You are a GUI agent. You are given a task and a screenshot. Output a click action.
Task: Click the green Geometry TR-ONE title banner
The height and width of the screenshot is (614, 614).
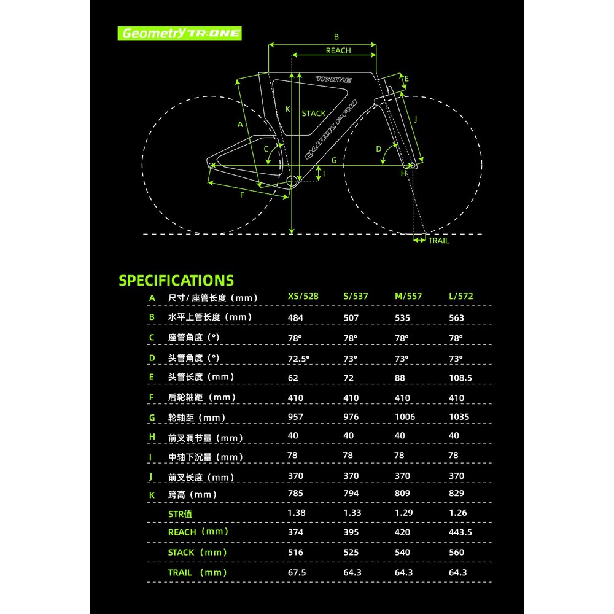point(179,33)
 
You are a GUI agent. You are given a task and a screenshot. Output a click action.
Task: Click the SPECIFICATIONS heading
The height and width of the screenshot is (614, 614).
point(176,281)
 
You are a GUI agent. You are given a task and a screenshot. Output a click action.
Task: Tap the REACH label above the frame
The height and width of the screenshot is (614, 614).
point(338,50)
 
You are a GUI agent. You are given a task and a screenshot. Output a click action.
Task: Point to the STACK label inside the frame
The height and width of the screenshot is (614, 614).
point(314,114)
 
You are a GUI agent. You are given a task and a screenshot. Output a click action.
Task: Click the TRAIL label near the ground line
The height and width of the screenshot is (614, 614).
point(438,241)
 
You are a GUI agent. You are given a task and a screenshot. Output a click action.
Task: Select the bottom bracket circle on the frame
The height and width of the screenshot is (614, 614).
point(292,181)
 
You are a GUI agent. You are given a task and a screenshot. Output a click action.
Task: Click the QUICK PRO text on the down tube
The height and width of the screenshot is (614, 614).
point(331,130)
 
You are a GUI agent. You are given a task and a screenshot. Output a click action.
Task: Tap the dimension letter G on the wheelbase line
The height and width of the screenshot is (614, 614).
point(334,160)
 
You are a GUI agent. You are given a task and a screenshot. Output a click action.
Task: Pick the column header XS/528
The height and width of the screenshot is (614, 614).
point(303,297)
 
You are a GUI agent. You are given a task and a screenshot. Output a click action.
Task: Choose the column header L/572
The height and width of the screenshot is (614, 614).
point(461,297)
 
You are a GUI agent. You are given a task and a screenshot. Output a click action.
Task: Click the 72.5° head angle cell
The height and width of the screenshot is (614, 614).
point(299,359)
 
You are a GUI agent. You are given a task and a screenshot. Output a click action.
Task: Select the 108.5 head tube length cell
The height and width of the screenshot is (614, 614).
point(460,378)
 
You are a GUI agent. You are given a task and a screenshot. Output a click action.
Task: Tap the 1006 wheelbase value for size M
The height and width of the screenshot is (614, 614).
point(405,417)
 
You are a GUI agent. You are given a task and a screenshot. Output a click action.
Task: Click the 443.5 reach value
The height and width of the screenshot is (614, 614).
point(460,532)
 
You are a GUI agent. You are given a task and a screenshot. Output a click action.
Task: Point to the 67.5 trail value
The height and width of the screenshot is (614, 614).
point(297,572)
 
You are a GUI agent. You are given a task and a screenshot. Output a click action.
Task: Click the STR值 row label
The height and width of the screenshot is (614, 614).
point(180,514)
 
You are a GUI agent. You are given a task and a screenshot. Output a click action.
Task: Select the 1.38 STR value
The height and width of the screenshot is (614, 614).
point(297,513)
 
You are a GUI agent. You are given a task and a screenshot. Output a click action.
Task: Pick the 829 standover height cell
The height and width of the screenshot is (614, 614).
point(457,494)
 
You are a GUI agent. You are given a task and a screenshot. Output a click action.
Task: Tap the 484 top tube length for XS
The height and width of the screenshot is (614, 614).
point(296,318)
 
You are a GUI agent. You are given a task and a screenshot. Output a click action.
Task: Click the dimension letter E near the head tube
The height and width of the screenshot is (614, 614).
point(406,79)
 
